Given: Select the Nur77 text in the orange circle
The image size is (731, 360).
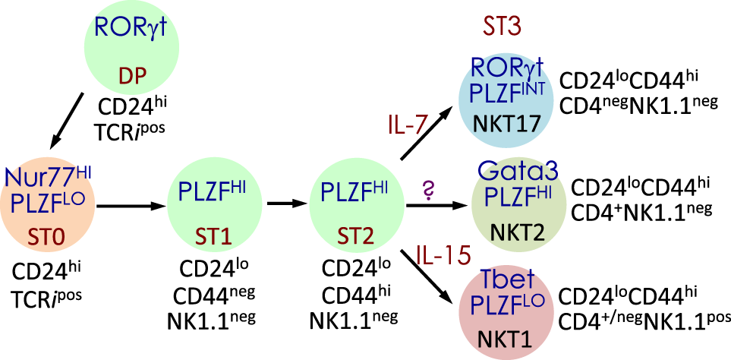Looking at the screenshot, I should (37, 180).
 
